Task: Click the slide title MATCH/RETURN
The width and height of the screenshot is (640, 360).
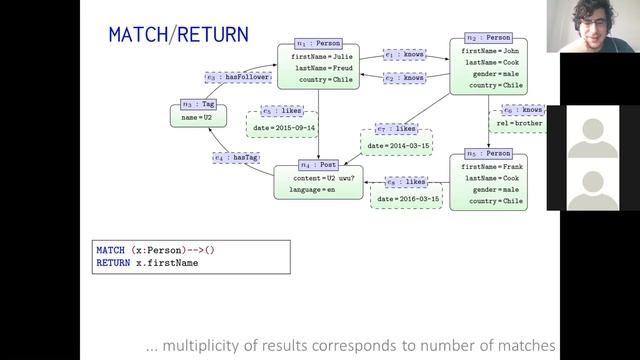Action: coord(178,35)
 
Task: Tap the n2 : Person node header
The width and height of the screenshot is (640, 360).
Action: coord(489,37)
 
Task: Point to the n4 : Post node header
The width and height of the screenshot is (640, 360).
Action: coord(318,163)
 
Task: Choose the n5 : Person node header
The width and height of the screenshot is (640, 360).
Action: coord(489,154)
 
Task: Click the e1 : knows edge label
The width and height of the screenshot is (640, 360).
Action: coord(404,57)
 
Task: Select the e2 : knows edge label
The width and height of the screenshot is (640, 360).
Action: coord(404,78)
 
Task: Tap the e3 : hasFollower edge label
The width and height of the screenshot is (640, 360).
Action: coord(234,76)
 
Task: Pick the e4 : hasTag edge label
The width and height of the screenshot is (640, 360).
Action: coord(237,157)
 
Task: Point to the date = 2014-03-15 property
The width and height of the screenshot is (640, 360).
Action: coord(399,146)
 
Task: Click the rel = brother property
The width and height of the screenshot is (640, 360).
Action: coord(518,125)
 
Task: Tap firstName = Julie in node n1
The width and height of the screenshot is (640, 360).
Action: coord(316,58)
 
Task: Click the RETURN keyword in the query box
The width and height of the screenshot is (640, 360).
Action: coord(112,262)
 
